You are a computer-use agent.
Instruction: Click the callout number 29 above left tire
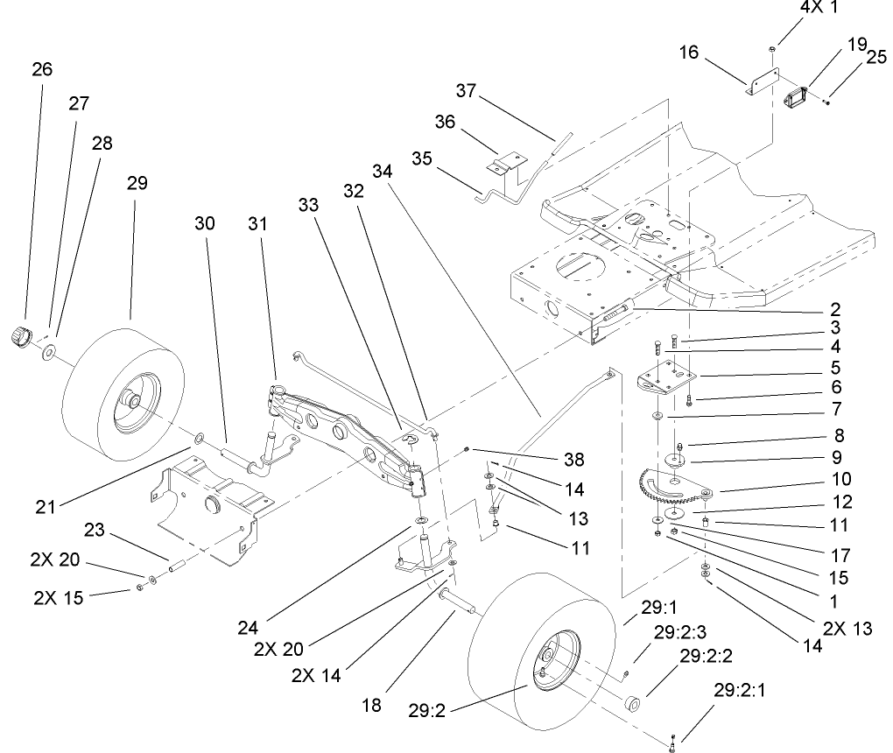(137, 183)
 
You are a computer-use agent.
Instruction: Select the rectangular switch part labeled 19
(798, 96)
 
